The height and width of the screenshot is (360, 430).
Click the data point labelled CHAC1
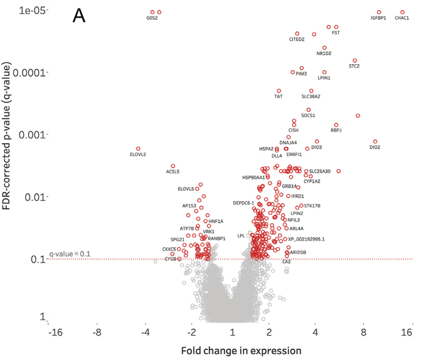click(x=402, y=12)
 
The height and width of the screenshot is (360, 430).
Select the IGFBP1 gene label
click(x=378, y=18)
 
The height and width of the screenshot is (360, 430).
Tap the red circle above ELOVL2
click(x=138, y=149)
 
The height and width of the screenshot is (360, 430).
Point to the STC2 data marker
click(x=355, y=60)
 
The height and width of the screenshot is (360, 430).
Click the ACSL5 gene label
click(x=172, y=171)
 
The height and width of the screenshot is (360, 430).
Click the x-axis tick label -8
click(x=97, y=332)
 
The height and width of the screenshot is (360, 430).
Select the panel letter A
click(x=79, y=16)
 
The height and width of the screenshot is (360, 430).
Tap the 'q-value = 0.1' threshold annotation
click(x=70, y=254)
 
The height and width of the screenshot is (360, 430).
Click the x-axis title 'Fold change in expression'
click(x=241, y=351)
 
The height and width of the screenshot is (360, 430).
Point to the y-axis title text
click(x=6, y=136)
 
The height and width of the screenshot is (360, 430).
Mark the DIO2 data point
click(x=375, y=142)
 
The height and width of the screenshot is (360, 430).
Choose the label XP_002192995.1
click(x=306, y=239)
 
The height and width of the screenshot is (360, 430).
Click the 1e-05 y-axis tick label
click(x=32, y=10)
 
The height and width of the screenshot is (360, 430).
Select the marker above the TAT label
click(x=279, y=91)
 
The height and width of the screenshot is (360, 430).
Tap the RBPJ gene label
click(x=336, y=130)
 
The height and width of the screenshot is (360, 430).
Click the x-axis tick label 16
click(x=406, y=332)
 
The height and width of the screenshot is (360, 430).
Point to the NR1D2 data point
click(x=324, y=48)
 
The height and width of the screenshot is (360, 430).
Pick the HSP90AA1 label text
click(x=254, y=178)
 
